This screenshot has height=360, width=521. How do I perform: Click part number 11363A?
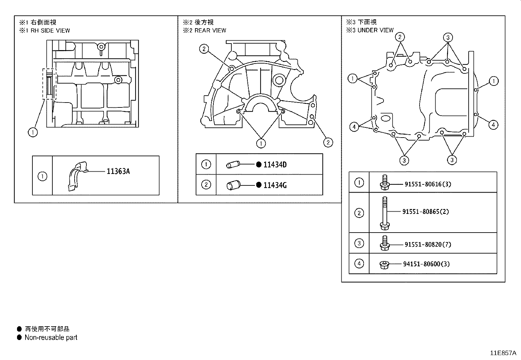point(118,171)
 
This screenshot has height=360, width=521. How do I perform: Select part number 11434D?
point(275,165)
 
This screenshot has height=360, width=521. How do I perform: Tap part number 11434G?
point(275,185)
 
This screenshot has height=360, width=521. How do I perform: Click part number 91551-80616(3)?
point(427,184)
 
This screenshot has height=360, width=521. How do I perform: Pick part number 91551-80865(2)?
point(425,212)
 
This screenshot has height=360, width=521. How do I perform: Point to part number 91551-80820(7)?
point(427,244)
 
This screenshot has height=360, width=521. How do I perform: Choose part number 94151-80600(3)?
point(426,264)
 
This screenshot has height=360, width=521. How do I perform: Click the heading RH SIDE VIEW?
point(50,30)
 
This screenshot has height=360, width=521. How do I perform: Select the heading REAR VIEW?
point(210,30)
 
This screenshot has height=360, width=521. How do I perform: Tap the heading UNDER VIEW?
point(375,30)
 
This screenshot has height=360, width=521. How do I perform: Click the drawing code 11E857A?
point(503,353)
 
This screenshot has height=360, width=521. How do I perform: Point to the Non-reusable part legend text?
point(51,337)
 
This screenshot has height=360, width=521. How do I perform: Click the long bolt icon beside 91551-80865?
point(385,213)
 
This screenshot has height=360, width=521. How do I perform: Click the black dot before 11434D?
point(259,164)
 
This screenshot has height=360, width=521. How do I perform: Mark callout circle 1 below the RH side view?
point(33,132)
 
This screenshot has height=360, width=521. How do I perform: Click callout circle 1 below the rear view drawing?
point(261,143)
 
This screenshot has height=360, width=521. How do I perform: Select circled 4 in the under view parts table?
point(359,263)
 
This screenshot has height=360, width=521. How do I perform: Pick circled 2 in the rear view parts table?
point(206,185)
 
